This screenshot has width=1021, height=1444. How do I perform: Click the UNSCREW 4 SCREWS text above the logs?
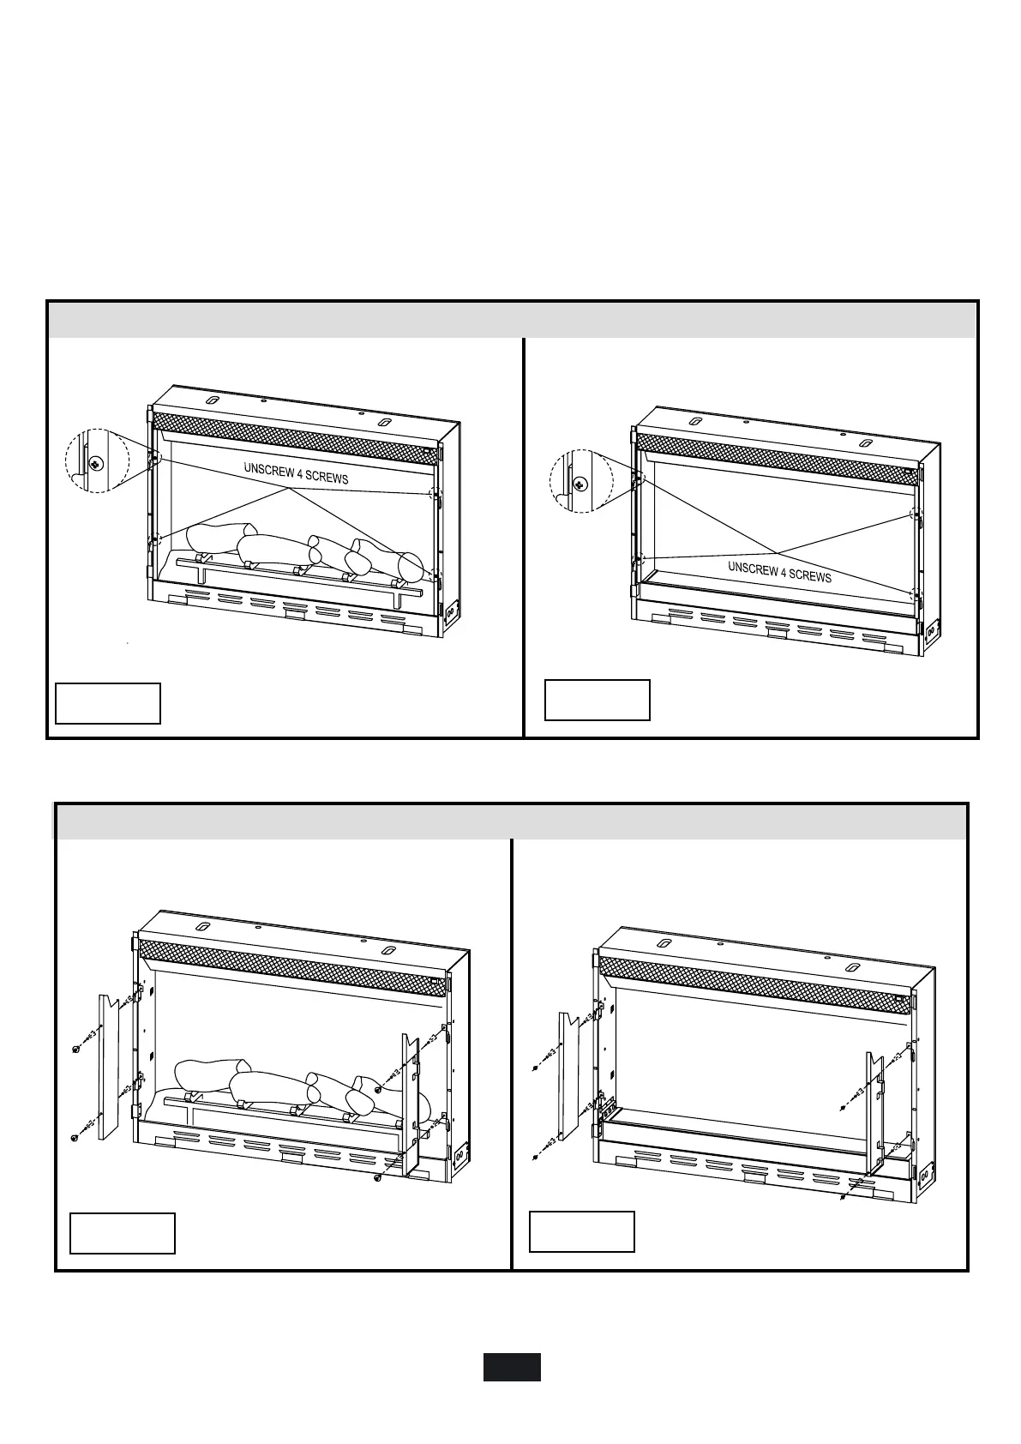[296, 473]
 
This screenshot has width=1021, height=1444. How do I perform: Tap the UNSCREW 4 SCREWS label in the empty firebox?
[779, 572]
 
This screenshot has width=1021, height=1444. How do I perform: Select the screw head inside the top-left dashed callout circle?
[96, 464]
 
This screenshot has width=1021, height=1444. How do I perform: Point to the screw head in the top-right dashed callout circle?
[580, 484]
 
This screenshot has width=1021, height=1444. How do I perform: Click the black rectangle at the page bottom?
[511, 1367]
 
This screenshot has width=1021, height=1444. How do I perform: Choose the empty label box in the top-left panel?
[108, 703]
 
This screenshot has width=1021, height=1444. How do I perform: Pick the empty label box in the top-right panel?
[598, 700]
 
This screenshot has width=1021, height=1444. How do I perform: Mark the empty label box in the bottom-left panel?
[123, 1233]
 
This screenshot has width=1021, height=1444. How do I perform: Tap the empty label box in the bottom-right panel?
[582, 1231]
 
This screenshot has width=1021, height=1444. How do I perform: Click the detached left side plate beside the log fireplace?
[109, 1067]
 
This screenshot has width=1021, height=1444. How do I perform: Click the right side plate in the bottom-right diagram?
[874, 1110]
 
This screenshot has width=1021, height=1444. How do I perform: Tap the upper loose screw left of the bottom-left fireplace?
[77, 1050]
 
